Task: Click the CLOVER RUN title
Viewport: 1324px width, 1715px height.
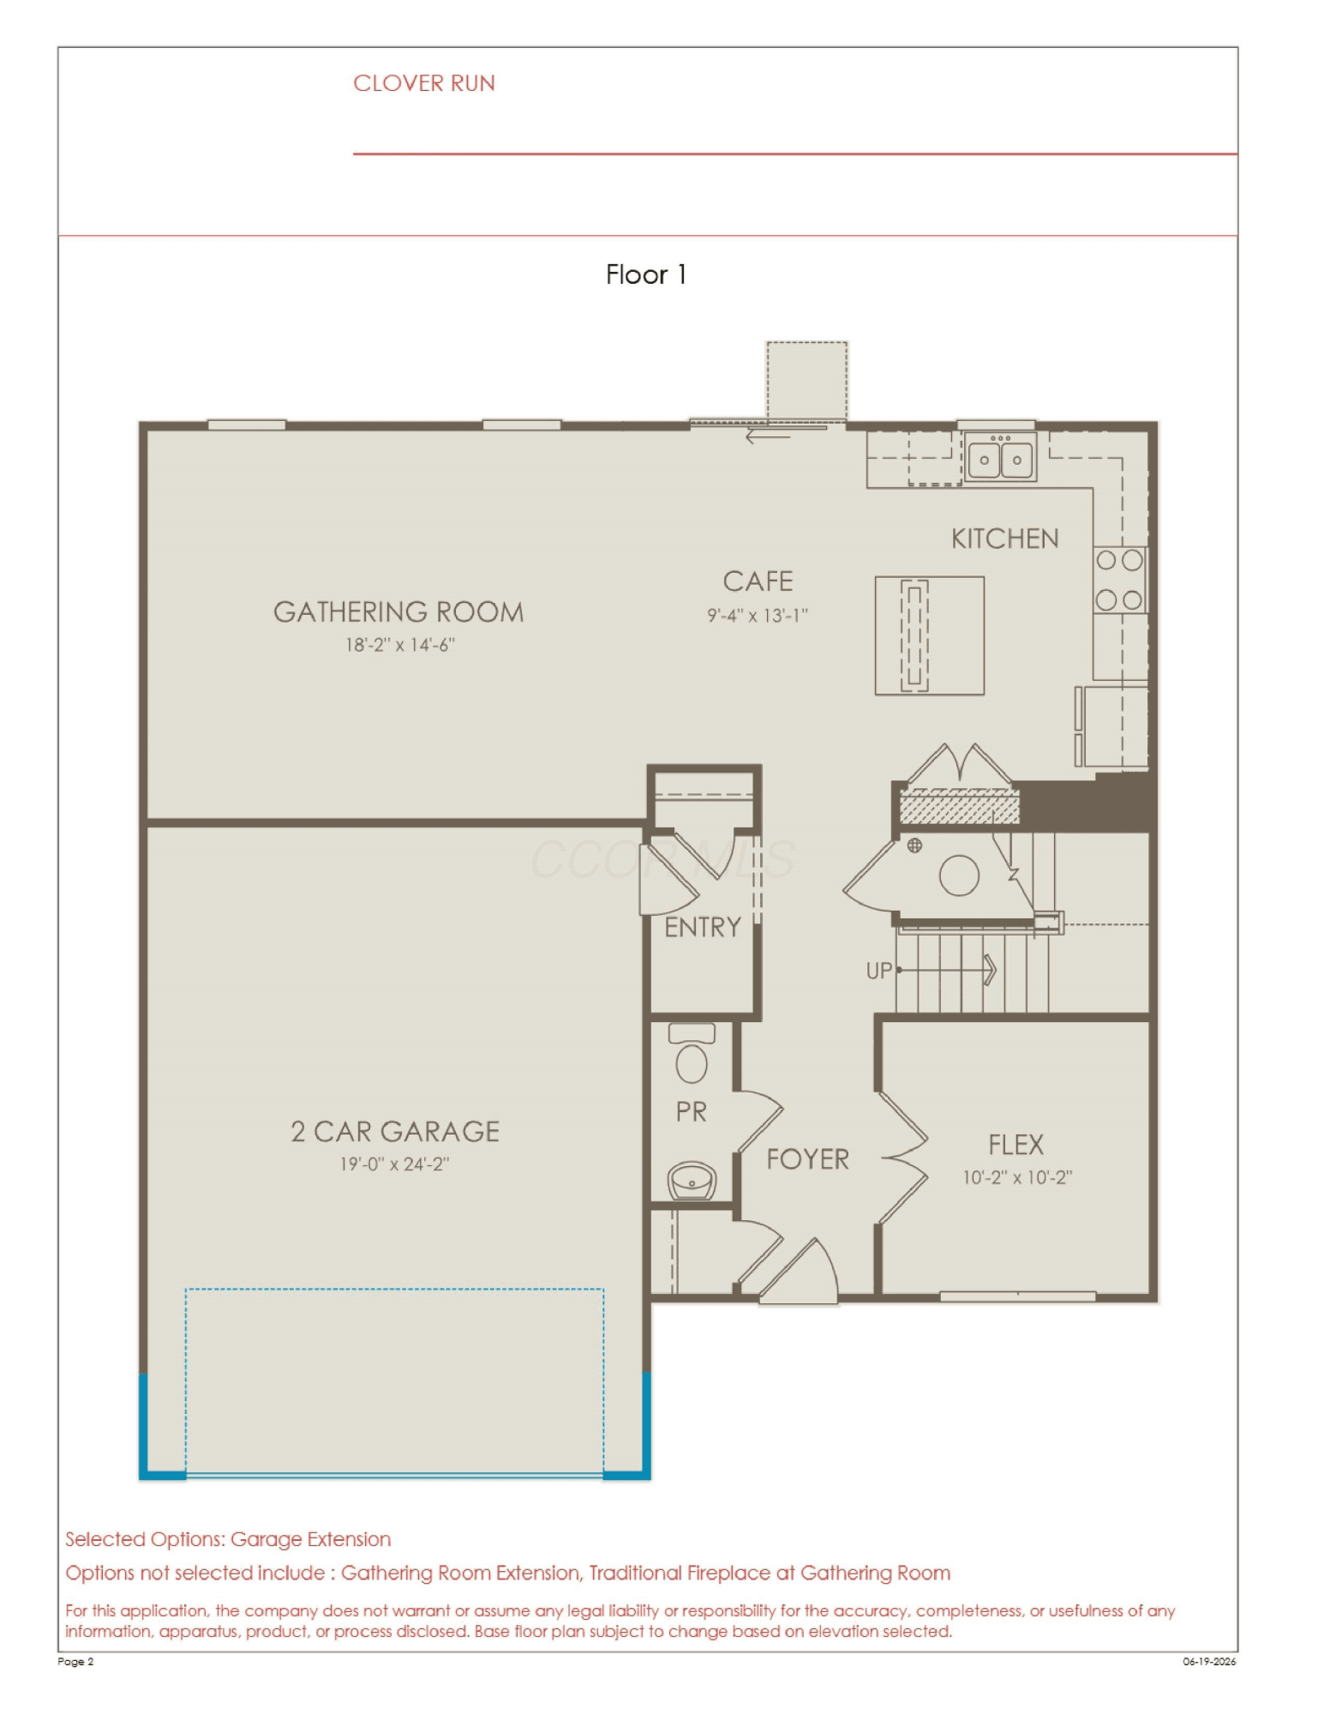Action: point(424,83)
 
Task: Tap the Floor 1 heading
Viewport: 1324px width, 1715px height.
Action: point(645,274)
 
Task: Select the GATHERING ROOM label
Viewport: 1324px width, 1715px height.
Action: point(398,611)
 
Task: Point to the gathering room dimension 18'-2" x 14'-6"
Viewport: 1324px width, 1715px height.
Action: point(400,645)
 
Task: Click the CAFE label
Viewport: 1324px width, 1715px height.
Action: point(758,581)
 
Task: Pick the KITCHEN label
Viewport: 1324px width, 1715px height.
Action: point(1005,539)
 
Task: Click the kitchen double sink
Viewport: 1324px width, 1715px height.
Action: point(1000,456)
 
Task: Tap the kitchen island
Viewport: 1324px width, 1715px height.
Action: point(929,635)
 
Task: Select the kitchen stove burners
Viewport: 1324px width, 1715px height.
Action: point(1119,581)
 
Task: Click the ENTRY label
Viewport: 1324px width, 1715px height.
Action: point(703,927)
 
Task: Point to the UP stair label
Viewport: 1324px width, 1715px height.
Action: point(879,971)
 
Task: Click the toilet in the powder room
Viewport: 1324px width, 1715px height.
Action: point(692,1054)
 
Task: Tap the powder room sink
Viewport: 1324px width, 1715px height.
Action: point(692,1181)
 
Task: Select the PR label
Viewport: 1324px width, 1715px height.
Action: point(692,1112)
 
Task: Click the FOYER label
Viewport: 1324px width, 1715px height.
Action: point(807,1159)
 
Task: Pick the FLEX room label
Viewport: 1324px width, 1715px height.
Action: point(1016,1145)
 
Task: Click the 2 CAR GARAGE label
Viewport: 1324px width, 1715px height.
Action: point(395,1131)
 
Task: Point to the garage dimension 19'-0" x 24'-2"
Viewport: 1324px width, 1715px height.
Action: point(394,1164)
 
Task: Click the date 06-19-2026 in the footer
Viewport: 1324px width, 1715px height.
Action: point(1209,1661)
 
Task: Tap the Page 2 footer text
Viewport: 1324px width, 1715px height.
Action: point(75,1661)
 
